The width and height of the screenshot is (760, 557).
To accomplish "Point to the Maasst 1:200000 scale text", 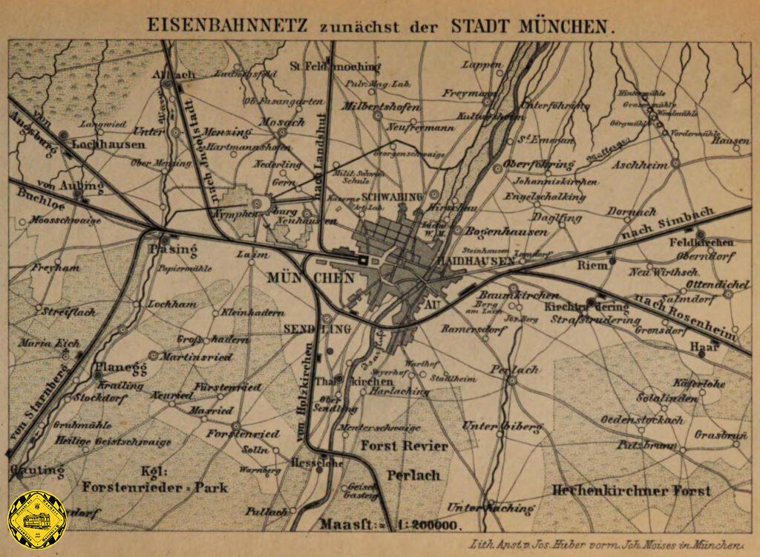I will pos(389,524).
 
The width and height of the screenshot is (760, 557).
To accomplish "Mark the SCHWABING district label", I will pos(392,197).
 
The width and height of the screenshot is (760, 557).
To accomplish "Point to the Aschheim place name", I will pos(639,164).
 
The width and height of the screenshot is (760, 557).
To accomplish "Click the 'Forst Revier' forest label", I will pos(404,446).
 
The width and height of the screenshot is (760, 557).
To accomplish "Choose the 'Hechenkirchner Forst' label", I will pos(631,491).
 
